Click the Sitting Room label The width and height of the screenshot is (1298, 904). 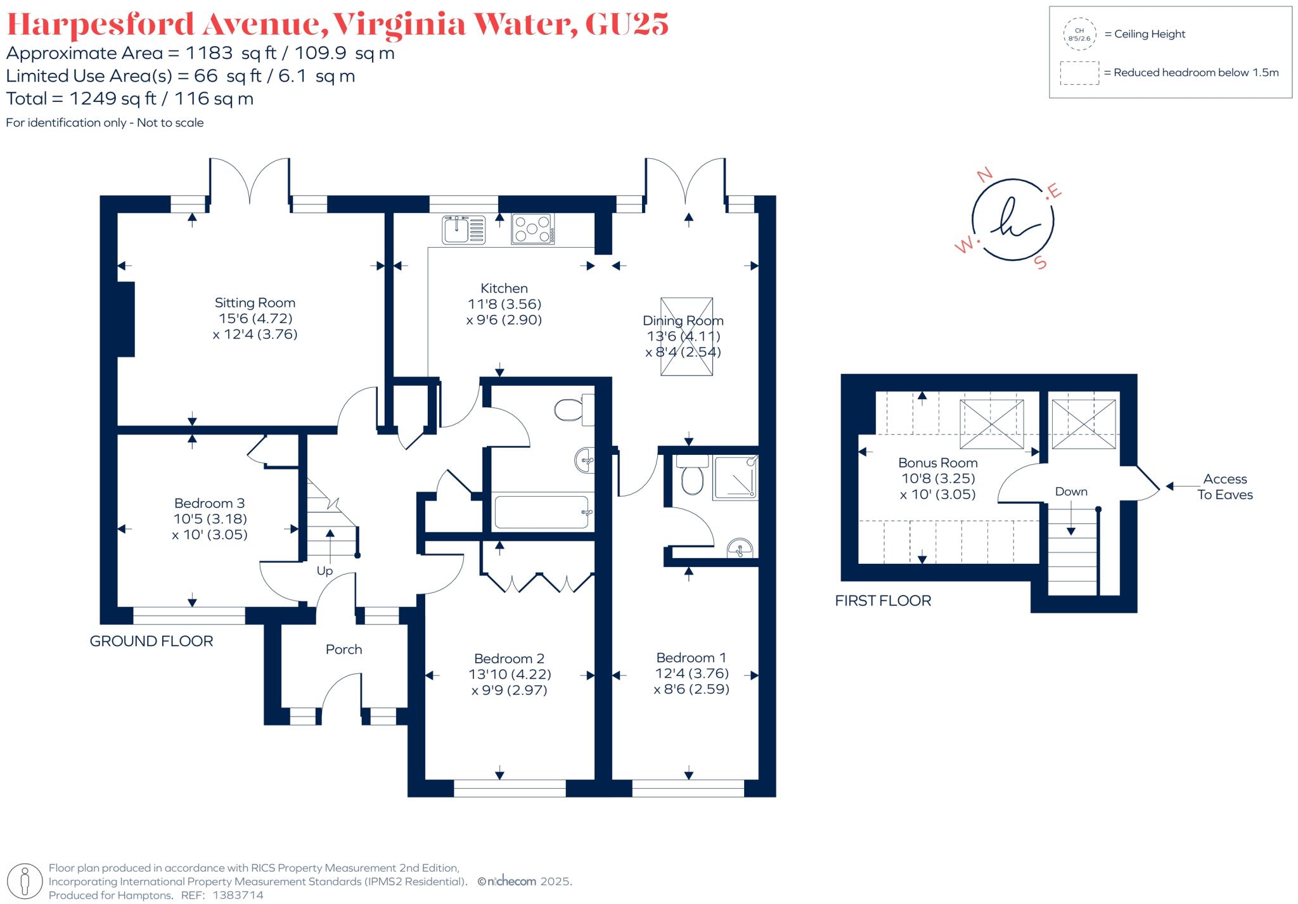click(x=255, y=303)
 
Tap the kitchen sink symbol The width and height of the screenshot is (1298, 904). click(x=465, y=229)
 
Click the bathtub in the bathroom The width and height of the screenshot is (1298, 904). click(x=543, y=512)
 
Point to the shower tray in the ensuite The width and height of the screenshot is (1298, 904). click(x=735, y=478)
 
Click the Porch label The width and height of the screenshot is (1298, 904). click(x=344, y=649)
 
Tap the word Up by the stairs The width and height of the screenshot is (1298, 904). click(x=324, y=571)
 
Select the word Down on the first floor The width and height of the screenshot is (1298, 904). click(x=1071, y=492)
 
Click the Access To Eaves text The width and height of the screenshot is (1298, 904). click(x=1225, y=487)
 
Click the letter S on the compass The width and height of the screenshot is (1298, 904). click(x=1040, y=262)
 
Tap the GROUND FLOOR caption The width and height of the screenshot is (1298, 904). click(x=151, y=641)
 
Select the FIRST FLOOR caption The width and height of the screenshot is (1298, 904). click(x=883, y=601)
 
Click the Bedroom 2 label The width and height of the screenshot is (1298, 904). click(x=510, y=659)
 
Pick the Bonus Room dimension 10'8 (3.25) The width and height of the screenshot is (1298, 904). click(x=938, y=479)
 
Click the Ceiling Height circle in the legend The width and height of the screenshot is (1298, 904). click(x=1079, y=34)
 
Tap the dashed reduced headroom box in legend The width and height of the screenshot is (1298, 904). click(x=1079, y=73)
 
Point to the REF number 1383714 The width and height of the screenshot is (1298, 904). click(x=238, y=895)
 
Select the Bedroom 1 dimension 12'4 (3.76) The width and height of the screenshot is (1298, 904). click(x=692, y=673)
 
